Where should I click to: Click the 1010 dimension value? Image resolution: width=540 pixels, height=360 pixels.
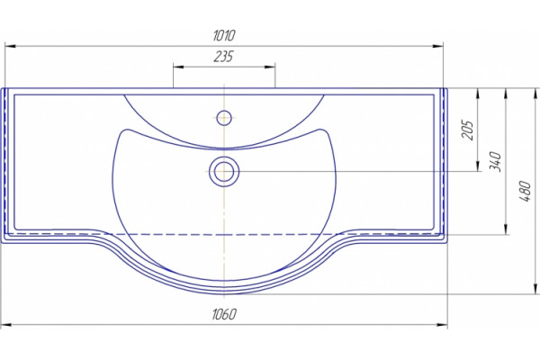pyautogui.click(x=224, y=35)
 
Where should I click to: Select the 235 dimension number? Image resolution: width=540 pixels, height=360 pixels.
pyautogui.click(x=223, y=57)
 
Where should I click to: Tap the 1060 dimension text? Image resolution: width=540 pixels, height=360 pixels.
pyautogui.click(x=224, y=314)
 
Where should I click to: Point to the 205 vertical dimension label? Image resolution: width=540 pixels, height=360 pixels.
pyautogui.click(x=468, y=130)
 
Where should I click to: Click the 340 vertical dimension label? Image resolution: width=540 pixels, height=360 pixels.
pyautogui.click(x=495, y=161)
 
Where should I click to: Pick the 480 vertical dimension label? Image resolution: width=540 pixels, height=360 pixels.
pyautogui.click(x=525, y=191)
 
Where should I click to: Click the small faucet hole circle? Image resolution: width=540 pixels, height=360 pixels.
pyautogui.click(x=224, y=118)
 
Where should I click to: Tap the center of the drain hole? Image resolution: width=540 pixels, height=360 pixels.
pyautogui.click(x=224, y=171)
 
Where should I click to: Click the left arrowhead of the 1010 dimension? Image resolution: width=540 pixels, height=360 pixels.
pyautogui.click(x=10, y=46)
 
